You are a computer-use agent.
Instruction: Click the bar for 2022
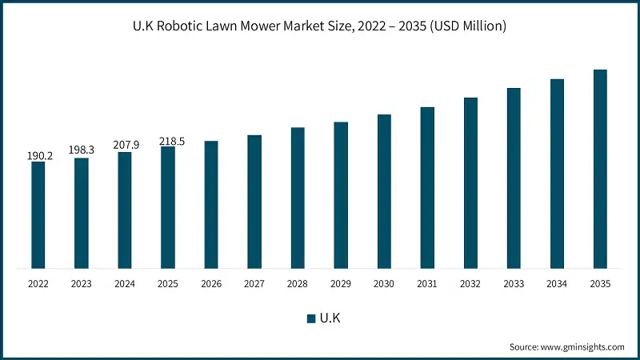[x=38, y=214]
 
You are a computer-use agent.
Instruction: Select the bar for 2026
[x=211, y=204]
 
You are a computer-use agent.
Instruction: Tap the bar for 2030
[x=384, y=191]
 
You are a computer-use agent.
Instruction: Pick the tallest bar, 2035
[x=600, y=169]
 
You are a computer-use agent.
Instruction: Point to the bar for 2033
[x=514, y=178]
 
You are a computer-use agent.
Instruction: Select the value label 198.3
[x=82, y=150]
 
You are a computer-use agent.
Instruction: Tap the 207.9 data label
[x=126, y=145]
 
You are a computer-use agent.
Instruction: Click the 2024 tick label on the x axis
[x=125, y=284]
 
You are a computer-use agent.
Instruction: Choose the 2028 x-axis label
[x=298, y=284]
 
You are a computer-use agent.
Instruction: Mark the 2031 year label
[x=427, y=284]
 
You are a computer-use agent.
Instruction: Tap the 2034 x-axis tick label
[x=557, y=284]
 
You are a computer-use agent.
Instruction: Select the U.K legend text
[x=331, y=318]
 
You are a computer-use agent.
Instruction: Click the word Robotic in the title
[x=188, y=26]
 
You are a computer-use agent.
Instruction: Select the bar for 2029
[x=341, y=195]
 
